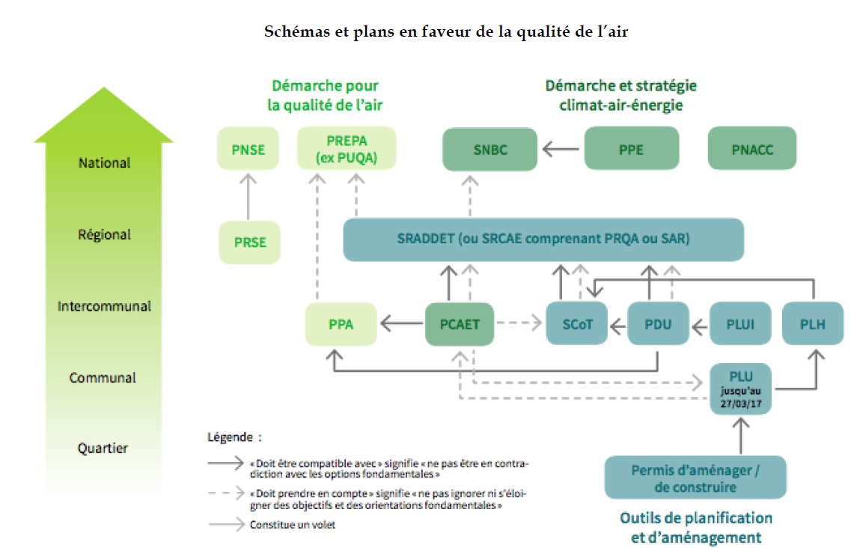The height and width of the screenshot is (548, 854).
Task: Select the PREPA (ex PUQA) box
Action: [x=347, y=148]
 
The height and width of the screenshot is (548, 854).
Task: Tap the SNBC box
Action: [x=490, y=150]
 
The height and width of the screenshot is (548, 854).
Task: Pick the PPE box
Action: [x=631, y=149]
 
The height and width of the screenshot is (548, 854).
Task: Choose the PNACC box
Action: [x=752, y=149]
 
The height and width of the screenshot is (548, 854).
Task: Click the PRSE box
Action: [x=249, y=242]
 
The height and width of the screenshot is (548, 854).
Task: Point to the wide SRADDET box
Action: [x=543, y=240]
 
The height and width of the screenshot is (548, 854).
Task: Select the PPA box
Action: [x=341, y=325]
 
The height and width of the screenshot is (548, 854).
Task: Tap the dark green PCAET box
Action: [x=460, y=325]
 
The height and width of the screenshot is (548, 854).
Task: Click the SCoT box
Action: [x=576, y=325]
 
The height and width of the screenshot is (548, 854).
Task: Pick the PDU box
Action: [x=658, y=325]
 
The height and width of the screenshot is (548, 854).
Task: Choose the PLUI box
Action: [x=739, y=325]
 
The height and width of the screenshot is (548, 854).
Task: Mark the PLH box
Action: [x=813, y=325]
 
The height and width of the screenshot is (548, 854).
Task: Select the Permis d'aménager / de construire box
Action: [x=695, y=478]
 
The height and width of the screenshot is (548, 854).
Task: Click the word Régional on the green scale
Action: [x=104, y=234]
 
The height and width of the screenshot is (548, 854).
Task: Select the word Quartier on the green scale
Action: [x=103, y=448]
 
